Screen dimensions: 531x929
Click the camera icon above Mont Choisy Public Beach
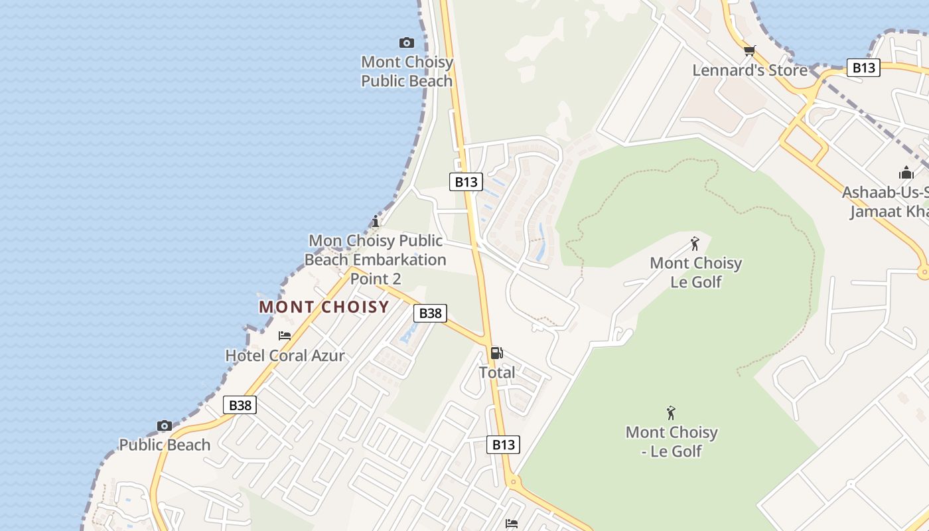pyautogui.click(x=407, y=43)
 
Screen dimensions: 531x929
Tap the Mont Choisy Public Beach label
pyautogui.click(x=407, y=72)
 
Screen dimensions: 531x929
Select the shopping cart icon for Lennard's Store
pyautogui.click(x=750, y=50)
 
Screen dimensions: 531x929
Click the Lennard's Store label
pyautogui.click(x=750, y=70)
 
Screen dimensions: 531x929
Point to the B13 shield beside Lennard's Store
pyautogui.click(x=863, y=68)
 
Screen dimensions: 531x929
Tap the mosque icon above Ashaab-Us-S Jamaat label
pyautogui.click(x=906, y=173)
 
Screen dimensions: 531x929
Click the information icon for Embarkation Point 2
pyautogui.click(x=376, y=221)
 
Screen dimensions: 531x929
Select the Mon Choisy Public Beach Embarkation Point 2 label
pyautogui.click(x=376, y=259)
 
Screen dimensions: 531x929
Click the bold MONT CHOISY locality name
pyautogui.click(x=324, y=307)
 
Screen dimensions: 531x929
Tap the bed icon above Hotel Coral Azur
pyautogui.click(x=285, y=336)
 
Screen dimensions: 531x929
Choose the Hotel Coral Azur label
pyautogui.click(x=285, y=356)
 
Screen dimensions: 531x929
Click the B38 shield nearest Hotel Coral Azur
pyautogui.click(x=240, y=405)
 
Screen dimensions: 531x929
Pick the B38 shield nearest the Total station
pyautogui.click(x=430, y=313)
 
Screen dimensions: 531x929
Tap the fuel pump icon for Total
pyautogui.click(x=496, y=353)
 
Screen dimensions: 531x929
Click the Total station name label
pyautogui.click(x=497, y=373)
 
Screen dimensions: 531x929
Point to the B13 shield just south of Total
pyautogui.click(x=503, y=445)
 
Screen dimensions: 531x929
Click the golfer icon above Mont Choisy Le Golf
pyautogui.click(x=695, y=244)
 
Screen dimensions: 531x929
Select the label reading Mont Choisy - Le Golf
pyautogui.click(x=672, y=441)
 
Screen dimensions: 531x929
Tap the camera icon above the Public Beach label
pyautogui.click(x=165, y=426)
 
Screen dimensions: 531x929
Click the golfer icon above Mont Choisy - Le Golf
pyautogui.click(x=671, y=413)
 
